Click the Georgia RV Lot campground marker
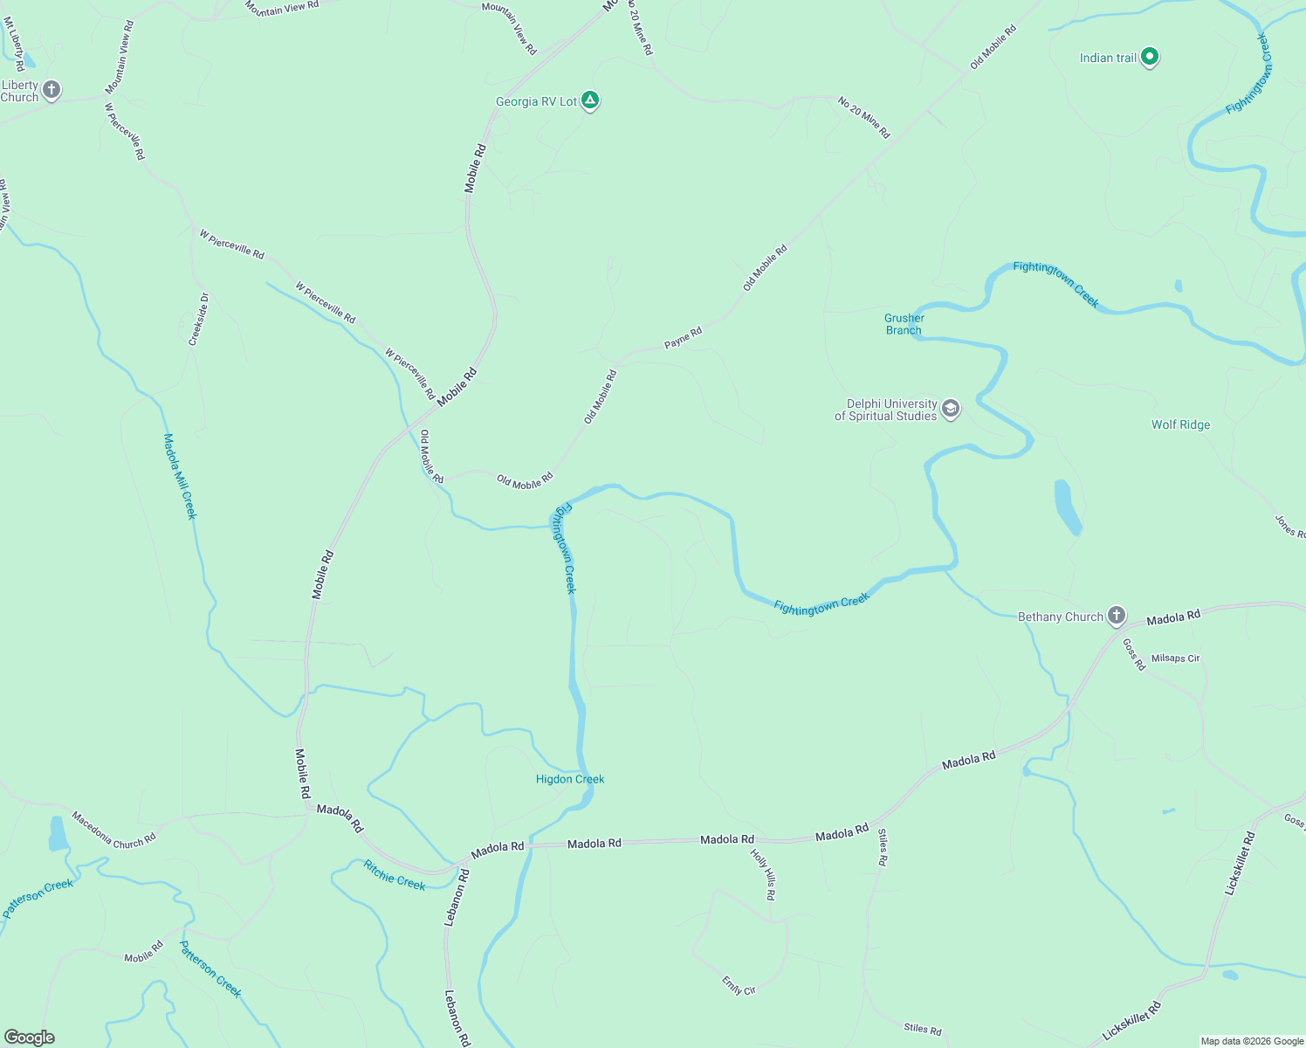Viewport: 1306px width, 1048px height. coord(591,101)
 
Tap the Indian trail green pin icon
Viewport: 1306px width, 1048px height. coord(1150,58)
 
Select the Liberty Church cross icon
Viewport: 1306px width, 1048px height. coord(52,90)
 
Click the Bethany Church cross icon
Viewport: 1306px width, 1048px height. coord(1117,616)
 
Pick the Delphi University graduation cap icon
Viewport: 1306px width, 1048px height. coord(951,409)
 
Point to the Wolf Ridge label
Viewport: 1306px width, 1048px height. coord(1180,425)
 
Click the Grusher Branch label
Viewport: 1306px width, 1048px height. coord(904,324)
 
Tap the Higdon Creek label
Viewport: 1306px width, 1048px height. coord(570,779)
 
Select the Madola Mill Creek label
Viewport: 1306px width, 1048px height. coord(181,476)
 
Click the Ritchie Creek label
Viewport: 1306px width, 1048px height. coord(395,876)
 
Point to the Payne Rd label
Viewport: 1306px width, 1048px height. coord(683,338)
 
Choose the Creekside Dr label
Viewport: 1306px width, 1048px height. coord(199,320)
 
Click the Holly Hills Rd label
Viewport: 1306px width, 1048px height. coord(763,874)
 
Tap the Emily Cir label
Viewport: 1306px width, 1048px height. coord(739,985)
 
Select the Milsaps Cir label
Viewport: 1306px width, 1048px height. coord(1175,658)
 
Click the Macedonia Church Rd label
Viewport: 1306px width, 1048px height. coord(113,831)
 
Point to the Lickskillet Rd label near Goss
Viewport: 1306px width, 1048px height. coord(1240,863)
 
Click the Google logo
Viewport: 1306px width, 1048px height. coord(30,1038)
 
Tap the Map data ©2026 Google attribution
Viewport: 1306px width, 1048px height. coord(1252,1041)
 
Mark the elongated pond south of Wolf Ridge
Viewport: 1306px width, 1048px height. coord(1068,507)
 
